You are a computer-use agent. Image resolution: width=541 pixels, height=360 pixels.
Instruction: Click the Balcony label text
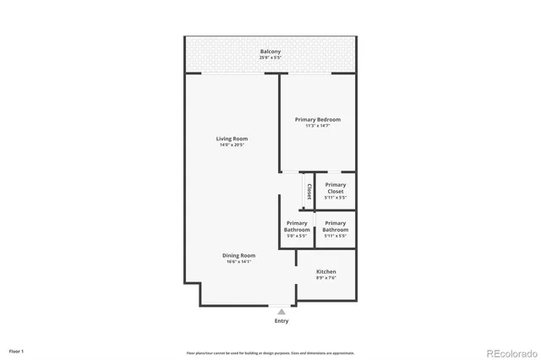[270, 52]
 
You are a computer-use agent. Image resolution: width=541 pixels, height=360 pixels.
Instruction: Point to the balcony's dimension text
[270, 58]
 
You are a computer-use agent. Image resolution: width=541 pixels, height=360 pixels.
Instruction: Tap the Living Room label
[232, 139]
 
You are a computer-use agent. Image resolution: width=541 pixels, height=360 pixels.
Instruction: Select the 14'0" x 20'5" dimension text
[232, 145]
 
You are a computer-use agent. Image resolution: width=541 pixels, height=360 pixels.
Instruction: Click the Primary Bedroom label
[317, 120]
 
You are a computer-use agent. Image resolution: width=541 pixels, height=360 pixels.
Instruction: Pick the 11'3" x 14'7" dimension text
[317, 126]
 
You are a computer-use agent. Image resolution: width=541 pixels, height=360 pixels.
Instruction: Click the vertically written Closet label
[309, 191]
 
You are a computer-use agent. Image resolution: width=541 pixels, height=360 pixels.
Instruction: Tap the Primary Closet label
[336, 188]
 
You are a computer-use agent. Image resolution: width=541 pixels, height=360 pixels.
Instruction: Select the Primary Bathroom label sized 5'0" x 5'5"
[297, 226]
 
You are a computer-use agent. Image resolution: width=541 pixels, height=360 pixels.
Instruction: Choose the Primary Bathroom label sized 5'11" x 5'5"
[336, 226]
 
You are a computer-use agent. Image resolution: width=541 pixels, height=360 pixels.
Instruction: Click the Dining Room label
[239, 255]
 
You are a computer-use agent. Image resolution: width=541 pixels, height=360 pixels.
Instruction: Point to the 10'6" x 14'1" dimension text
[239, 262]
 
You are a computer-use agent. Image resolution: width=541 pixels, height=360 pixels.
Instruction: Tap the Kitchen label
[326, 271]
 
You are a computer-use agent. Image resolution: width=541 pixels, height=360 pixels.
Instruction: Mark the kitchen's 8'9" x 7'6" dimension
[326, 277]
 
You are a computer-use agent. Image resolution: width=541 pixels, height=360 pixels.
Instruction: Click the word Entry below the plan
[281, 321]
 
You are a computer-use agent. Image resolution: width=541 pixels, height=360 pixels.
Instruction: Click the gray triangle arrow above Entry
[281, 312]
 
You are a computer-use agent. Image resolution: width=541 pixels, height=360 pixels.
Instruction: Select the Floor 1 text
[17, 351]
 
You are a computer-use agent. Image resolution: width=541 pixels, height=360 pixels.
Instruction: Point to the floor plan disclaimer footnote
[270, 353]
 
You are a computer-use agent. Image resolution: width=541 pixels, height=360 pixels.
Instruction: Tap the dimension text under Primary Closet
[336, 198]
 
